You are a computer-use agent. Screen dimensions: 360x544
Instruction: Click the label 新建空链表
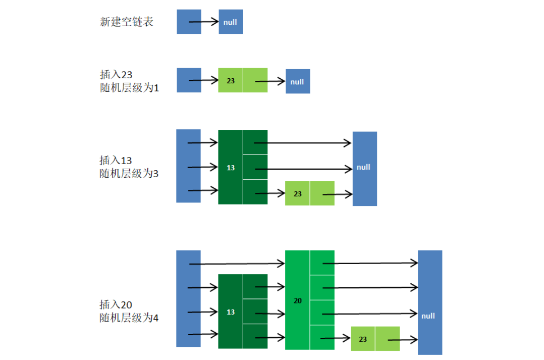click(x=127, y=22)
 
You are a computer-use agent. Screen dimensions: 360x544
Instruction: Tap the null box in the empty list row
click(x=231, y=22)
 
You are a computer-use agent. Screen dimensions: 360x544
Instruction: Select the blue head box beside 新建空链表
click(x=189, y=22)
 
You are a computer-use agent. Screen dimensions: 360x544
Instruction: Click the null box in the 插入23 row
click(x=298, y=82)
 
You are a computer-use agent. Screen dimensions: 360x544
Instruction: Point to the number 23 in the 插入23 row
click(x=231, y=81)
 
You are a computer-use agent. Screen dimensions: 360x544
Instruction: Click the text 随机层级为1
click(x=130, y=88)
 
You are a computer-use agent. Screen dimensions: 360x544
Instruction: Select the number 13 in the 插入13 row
click(x=231, y=168)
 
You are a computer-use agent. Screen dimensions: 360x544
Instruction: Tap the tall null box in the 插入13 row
click(x=364, y=168)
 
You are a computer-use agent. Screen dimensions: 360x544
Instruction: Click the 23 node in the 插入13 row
click(x=298, y=193)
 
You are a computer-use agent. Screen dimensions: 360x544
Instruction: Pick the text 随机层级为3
click(x=130, y=173)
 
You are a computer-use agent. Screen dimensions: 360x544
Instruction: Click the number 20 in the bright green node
click(x=298, y=300)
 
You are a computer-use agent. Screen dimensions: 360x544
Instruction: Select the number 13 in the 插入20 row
click(x=231, y=312)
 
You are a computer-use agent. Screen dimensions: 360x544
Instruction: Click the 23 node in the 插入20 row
click(x=363, y=339)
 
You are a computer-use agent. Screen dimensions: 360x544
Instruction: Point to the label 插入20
click(x=116, y=304)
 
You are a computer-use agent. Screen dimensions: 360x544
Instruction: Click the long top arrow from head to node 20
click(x=237, y=264)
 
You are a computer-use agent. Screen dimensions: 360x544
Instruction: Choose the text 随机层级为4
click(x=130, y=318)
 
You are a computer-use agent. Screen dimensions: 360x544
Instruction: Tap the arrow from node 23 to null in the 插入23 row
click(x=270, y=81)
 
